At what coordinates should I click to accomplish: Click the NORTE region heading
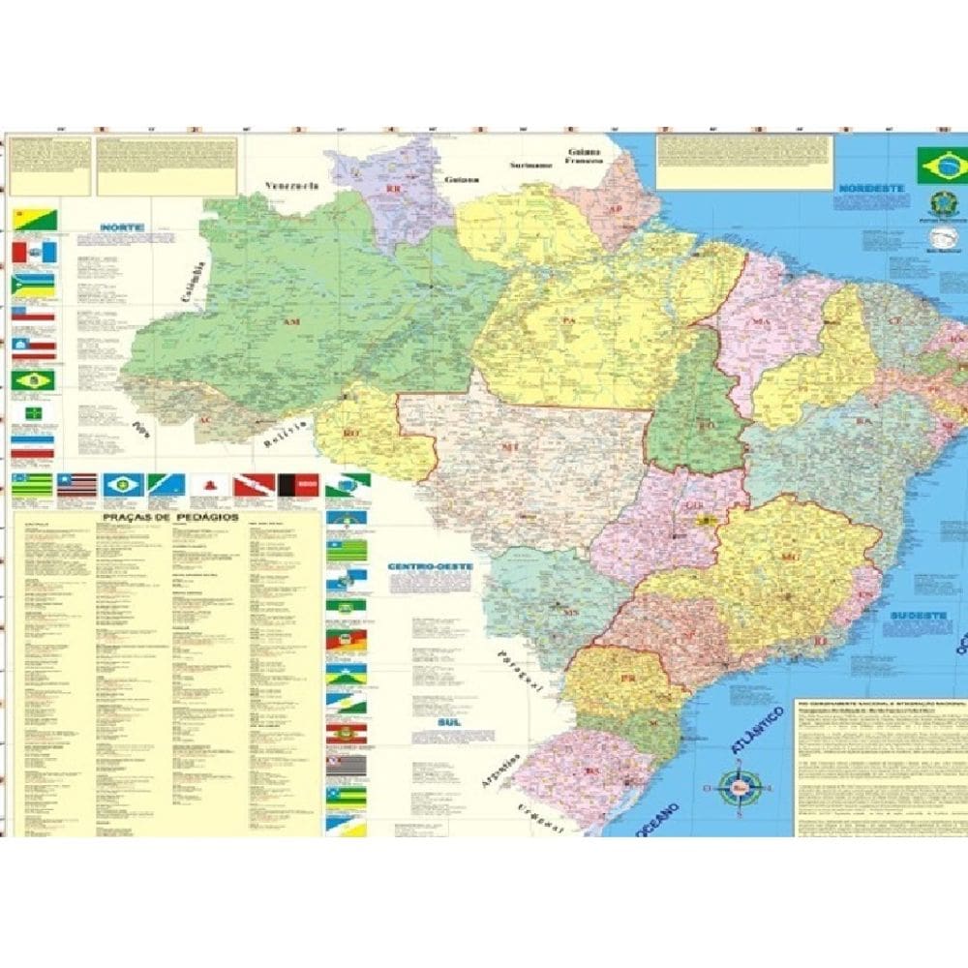(122, 228)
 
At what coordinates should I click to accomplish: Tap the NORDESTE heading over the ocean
(871, 188)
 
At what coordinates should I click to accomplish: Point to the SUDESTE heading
(913, 615)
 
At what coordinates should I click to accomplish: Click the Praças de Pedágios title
(169, 519)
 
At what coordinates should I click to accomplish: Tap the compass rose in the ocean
(740, 786)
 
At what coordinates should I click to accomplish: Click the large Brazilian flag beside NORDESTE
(941, 166)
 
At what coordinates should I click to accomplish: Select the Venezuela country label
(292, 185)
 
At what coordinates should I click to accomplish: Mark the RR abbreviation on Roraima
(393, 189)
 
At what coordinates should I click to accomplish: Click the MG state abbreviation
(787, 557)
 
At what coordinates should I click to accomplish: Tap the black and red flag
(298, 484)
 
